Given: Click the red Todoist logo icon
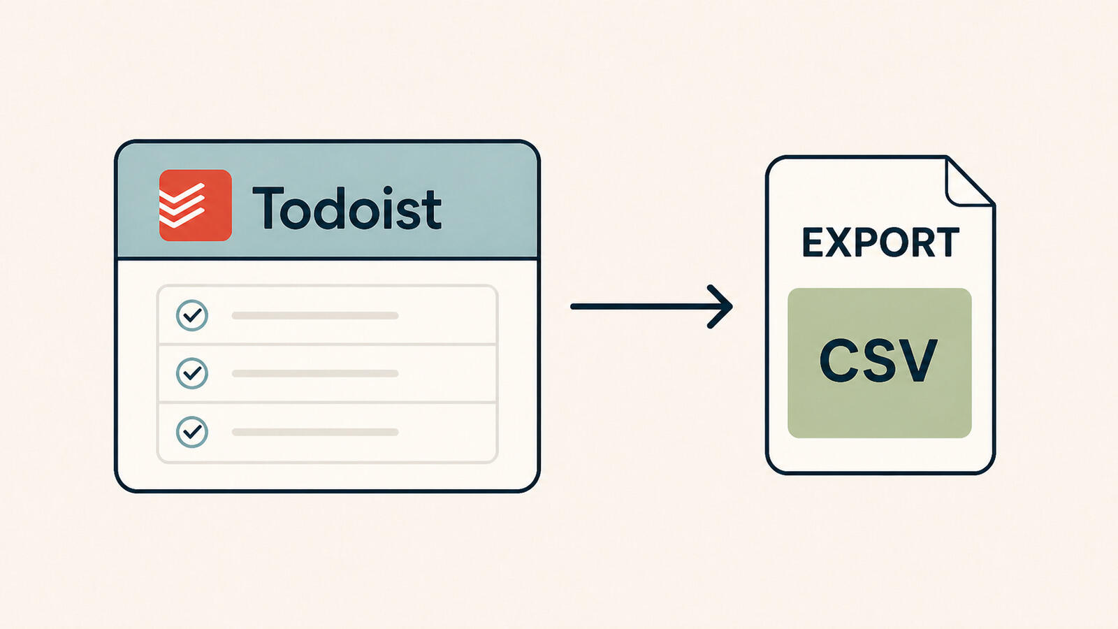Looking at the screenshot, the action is tap(195, 205).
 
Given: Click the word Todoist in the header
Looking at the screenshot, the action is tap(347, 208).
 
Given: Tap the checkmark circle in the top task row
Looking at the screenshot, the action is tap(192, 315).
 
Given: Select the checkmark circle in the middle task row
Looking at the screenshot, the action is tap(192, 373).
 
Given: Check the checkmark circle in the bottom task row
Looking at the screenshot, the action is tap(192, 432).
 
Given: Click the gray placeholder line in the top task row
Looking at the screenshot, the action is tap(315, 315).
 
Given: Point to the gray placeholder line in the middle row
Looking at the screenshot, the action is tap(315, 373).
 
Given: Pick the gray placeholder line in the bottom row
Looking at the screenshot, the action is tap(315, 432).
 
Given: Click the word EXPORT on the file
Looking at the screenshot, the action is tap(880, 243).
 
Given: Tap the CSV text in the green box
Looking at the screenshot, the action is tap(878, 361).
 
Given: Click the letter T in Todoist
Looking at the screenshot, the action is tap(268, 208).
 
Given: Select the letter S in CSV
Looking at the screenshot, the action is tap(878, 361).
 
